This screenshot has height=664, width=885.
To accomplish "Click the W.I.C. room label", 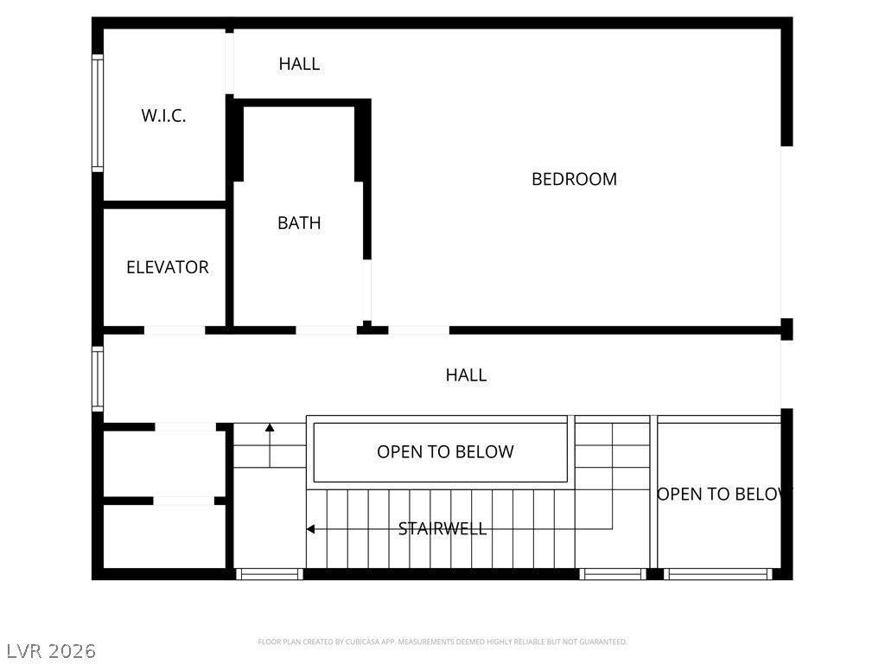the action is [163, 116].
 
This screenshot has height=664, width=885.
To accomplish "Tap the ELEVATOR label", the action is [168, 267].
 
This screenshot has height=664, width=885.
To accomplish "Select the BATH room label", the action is [299, 223].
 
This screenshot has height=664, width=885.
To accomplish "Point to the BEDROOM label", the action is [574, 179].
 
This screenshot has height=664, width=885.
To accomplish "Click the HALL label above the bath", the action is [299, 64].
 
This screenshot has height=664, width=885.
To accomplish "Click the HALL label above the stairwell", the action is [466, 375].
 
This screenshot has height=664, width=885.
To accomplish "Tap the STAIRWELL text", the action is [442, 528].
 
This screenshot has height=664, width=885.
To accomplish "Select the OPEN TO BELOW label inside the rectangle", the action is [445, 451].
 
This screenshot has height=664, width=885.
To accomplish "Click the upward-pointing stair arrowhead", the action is [270, 427].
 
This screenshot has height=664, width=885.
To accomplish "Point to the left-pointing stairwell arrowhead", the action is [310, 529].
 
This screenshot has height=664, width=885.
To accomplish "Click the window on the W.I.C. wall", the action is [98, 113].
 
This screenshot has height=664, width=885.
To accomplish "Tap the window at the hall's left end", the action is [98, 379].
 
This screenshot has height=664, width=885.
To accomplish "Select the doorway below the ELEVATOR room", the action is [175, 330].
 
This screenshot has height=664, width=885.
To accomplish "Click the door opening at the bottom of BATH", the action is [326, 330].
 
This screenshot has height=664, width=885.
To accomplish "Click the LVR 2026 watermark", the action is [51, 651].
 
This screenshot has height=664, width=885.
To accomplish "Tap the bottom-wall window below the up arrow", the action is [270, 574].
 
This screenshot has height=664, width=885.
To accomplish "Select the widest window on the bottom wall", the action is [718, 574].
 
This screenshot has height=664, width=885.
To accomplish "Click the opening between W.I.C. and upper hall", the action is [230, 63].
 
